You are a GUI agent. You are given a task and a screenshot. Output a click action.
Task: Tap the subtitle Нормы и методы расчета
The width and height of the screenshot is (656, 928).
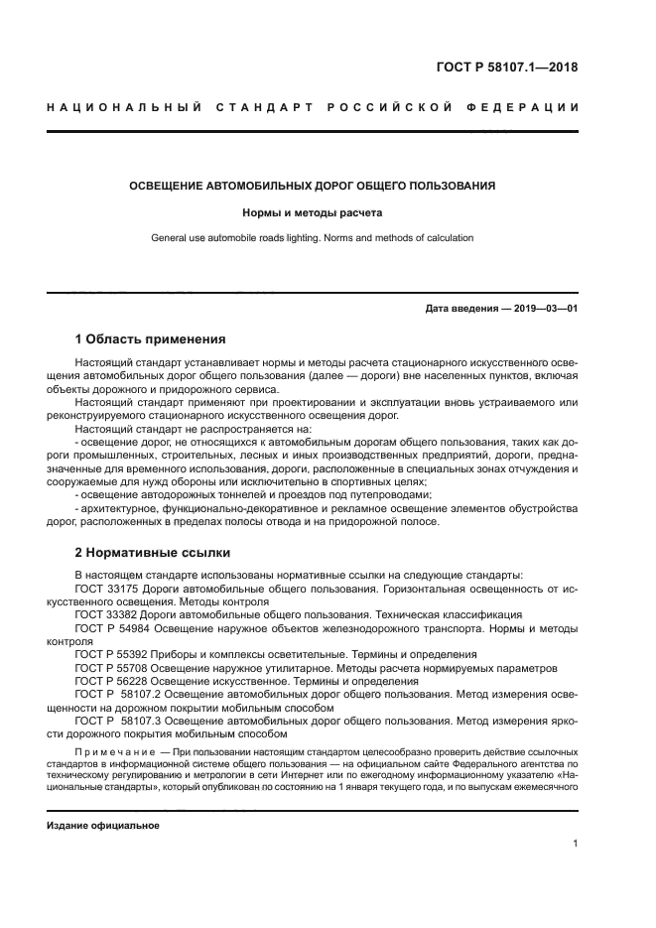point(313,212)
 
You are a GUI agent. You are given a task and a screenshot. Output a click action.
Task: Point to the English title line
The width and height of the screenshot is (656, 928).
point(313,238)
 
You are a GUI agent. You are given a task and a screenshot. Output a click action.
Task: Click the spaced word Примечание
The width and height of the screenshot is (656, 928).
point(114,753)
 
